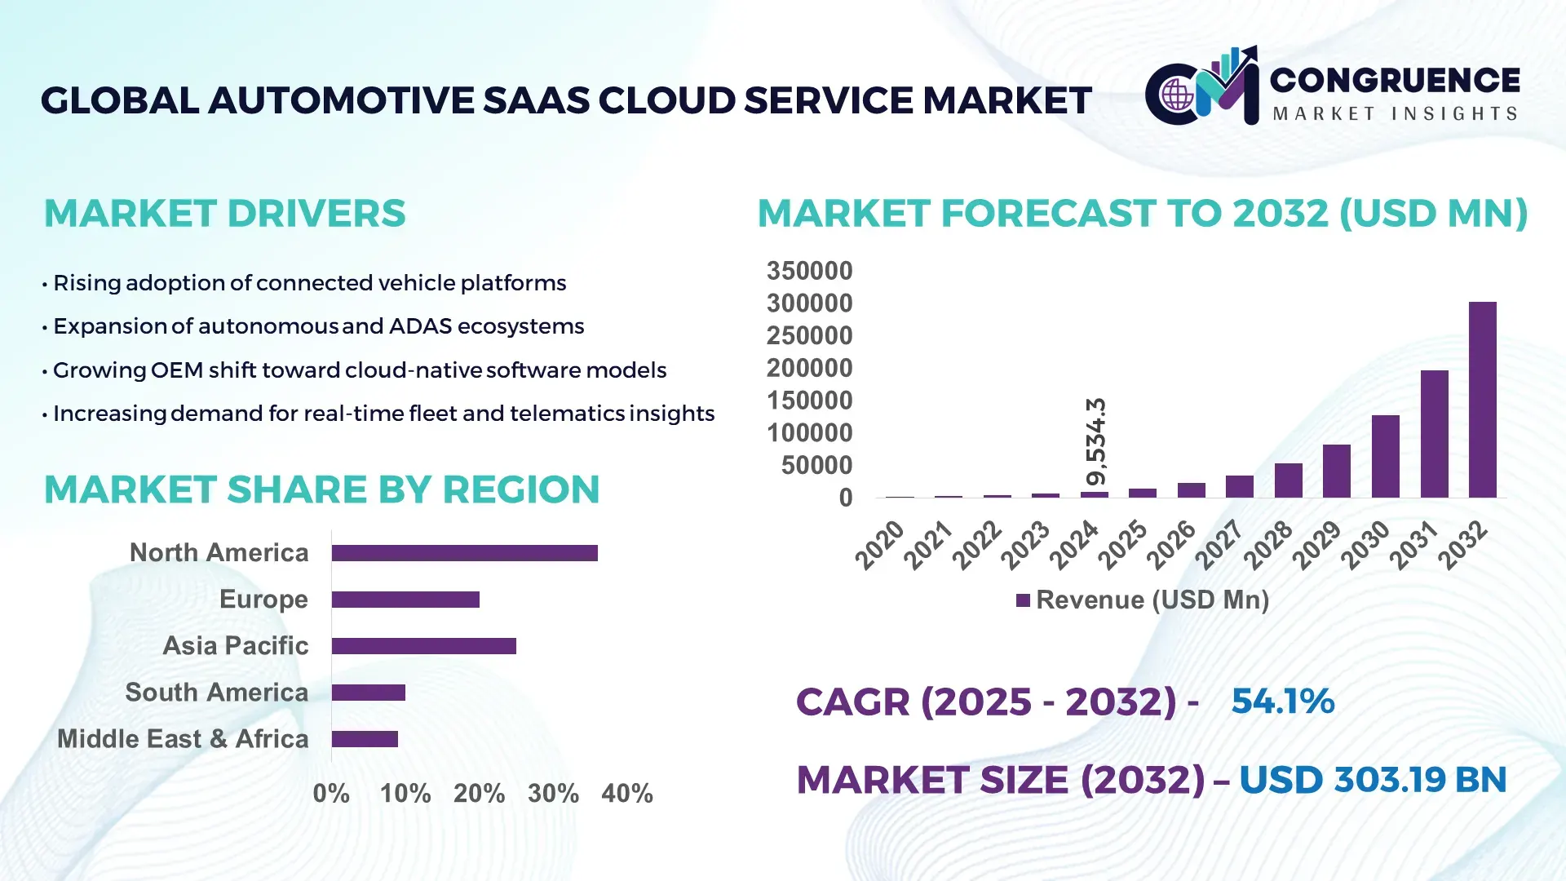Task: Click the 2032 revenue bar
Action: [1482, 400]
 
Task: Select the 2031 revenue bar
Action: [1434, 434]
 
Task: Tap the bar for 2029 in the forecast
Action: [1336, 471]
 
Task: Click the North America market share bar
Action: [464, 553]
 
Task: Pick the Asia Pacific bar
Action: [423, 646]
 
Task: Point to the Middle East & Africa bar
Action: [365, 739]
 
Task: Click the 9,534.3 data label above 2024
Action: [1095, 441]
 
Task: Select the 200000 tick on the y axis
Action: [809, 368]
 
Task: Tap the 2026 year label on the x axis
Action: [1170, 545]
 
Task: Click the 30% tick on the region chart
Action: [553, 793]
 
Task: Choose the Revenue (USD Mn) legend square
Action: [1023, 600]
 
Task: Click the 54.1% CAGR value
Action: [1282, 702]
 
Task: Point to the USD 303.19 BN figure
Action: [1372, 780]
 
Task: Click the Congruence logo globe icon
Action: [1177, 95]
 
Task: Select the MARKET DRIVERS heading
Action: [224, 214]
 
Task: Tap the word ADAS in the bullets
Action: [419, 326]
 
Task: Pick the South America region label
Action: [216, 693]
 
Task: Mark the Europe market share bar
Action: [405, 600]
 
